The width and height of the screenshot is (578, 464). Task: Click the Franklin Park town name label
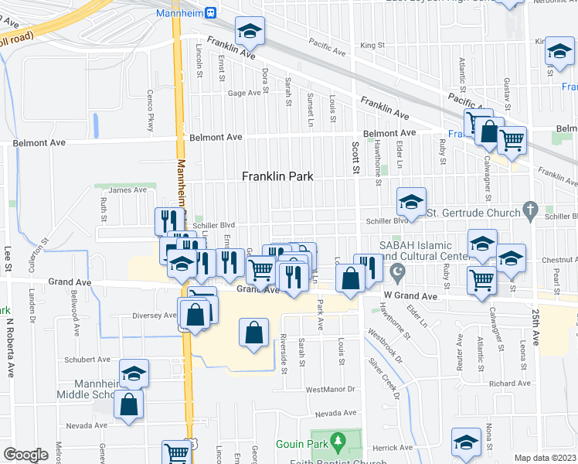[x=277, y=176]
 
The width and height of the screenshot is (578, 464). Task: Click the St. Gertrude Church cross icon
[x=529, y=210]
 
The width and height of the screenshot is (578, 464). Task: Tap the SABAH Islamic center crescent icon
[x=398, y=271]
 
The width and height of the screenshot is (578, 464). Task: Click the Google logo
[x=25, y=455]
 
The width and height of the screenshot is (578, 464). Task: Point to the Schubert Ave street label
[x=87, y=360]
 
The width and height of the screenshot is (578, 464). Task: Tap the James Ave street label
[x=127, y=190]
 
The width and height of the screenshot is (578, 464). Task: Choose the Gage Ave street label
[x=244, y=94]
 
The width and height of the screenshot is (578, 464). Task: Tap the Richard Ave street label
[x=509, y=384]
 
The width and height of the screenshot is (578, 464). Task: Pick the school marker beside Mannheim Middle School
[x=134, y=374]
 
